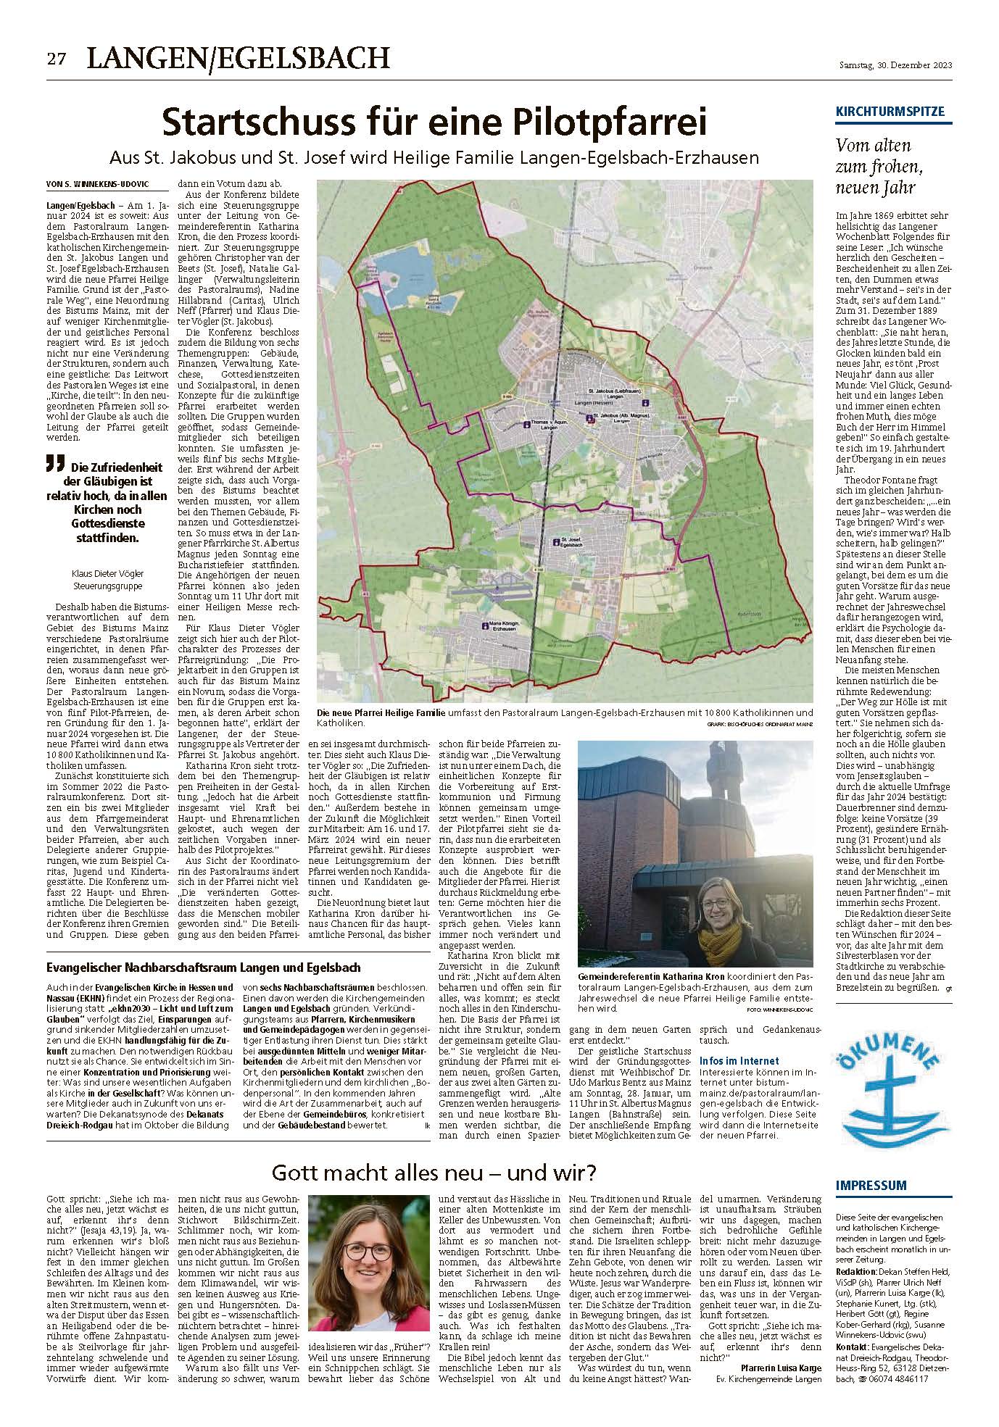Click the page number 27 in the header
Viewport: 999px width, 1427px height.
[57, 59]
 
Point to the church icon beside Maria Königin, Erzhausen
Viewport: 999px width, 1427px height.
[483, 623]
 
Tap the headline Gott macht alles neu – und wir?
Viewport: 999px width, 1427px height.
[435, 1172]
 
